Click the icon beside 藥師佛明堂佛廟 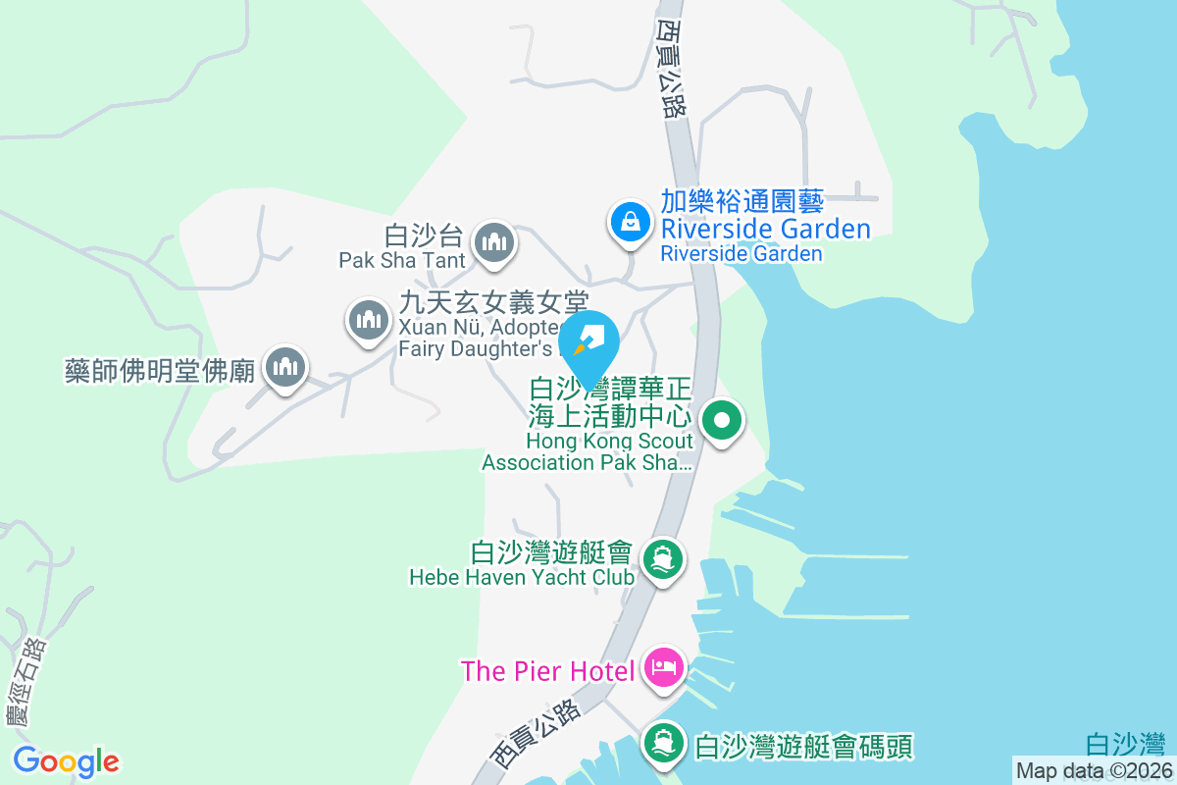click(285, 368)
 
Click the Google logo click(67, 760)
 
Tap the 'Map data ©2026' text click(1094, 770)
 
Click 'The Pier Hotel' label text click(552, 671)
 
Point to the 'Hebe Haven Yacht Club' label click(522, 577)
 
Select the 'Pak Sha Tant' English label click(401, 260)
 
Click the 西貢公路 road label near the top click(669, 69)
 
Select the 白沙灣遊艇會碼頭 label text click(803, 747)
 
